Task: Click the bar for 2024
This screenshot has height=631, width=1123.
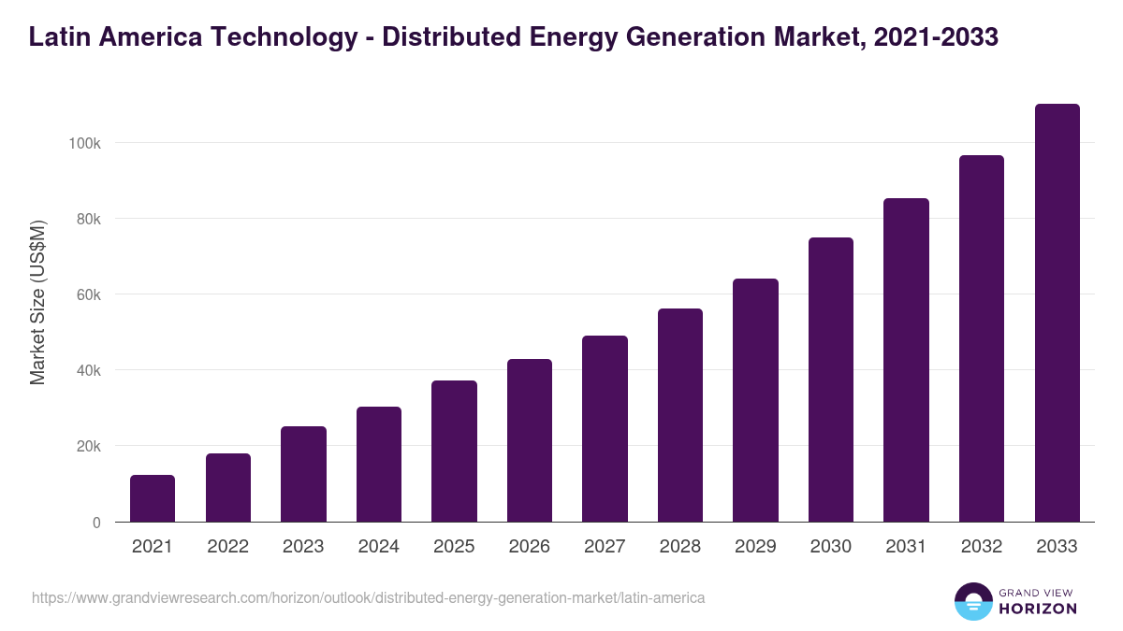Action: tap(379, 465)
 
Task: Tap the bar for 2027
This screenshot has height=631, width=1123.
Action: tap(605, 429)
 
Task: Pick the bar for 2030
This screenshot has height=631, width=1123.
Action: tap(831, 380)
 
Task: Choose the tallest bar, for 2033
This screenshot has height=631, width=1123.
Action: tap(1057, 313)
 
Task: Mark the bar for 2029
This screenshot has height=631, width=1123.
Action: tap(755, 400)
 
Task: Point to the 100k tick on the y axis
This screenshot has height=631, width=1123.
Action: tap(83, 143)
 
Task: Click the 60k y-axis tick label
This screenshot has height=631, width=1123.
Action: tap(87, 294)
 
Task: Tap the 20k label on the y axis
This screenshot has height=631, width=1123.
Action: tap(87, 446)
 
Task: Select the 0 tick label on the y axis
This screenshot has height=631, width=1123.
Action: tap(96, 523)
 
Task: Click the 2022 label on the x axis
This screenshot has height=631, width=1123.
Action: tap(227, 547)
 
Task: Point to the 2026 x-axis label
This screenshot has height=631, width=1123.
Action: tap(530, 547)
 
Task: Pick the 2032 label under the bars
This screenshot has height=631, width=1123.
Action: tap(982, 547)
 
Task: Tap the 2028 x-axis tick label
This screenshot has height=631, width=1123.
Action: tap(680, 547)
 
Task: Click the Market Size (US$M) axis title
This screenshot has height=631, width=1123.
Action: tap(37, 303)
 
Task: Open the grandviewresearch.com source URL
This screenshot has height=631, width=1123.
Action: tap(368, 597)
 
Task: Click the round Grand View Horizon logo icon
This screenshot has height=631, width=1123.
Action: tap(972, 602)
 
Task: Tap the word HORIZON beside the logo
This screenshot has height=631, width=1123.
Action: tap(1038, 609)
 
